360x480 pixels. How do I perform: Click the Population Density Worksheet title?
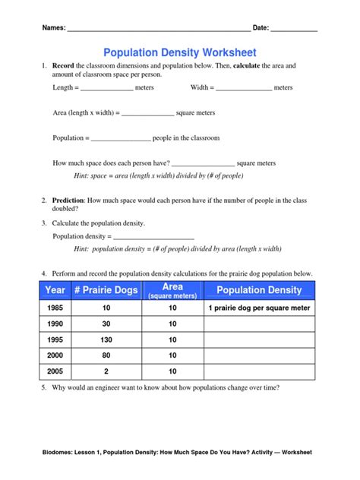180,52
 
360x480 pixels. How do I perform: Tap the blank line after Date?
294,30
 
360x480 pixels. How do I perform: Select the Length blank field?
106,89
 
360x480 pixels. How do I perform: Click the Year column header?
55,290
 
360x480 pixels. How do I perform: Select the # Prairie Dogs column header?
106,290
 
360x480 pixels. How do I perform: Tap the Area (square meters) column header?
172,290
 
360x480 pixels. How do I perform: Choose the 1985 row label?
55,308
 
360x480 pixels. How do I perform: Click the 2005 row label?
55,371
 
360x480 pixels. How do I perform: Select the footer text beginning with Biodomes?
180,452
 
